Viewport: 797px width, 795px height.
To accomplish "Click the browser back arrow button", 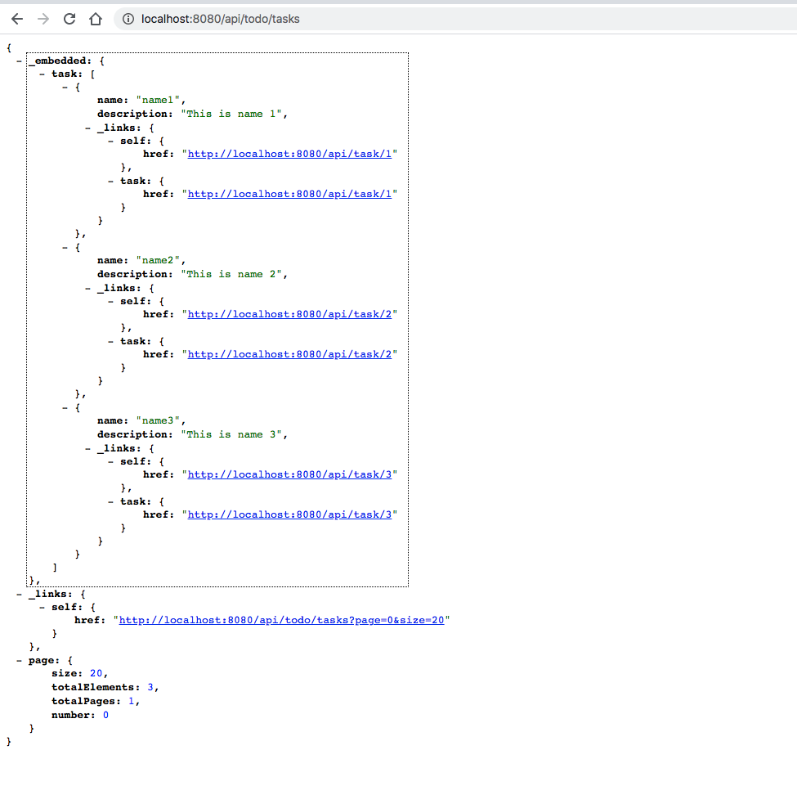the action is click(x=17, y=18).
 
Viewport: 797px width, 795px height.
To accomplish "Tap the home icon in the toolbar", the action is click(x=96, y=18).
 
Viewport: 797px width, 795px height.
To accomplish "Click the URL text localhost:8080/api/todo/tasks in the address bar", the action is click(x=220, y=19).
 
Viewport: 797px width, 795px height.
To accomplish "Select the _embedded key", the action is click(x=60, y=61).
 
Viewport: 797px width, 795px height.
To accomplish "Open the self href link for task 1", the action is click(x=290, y=154).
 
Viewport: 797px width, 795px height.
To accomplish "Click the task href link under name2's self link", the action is click(x=290, y=354).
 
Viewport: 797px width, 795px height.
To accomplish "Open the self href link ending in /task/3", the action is click(x=290, y=474).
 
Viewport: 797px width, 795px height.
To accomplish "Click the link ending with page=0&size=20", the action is click(x=282, y=621).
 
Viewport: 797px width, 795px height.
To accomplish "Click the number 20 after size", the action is click(x=96, y=674).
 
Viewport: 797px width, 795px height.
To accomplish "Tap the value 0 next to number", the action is click(x=105, y=715).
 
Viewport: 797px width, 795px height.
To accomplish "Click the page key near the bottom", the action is click(x=40, y=660).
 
